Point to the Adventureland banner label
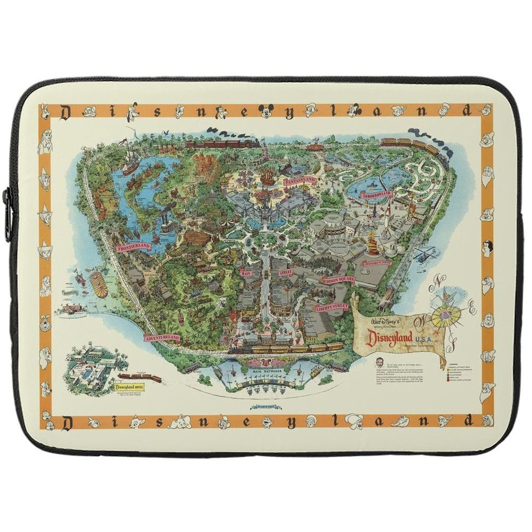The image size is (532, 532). coord(162,338)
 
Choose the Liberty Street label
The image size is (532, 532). coord(331,307)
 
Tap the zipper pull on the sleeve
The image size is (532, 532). coord(7,213)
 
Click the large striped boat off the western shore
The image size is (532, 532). coord(99,284)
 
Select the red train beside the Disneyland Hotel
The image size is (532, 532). coord(148,378)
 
